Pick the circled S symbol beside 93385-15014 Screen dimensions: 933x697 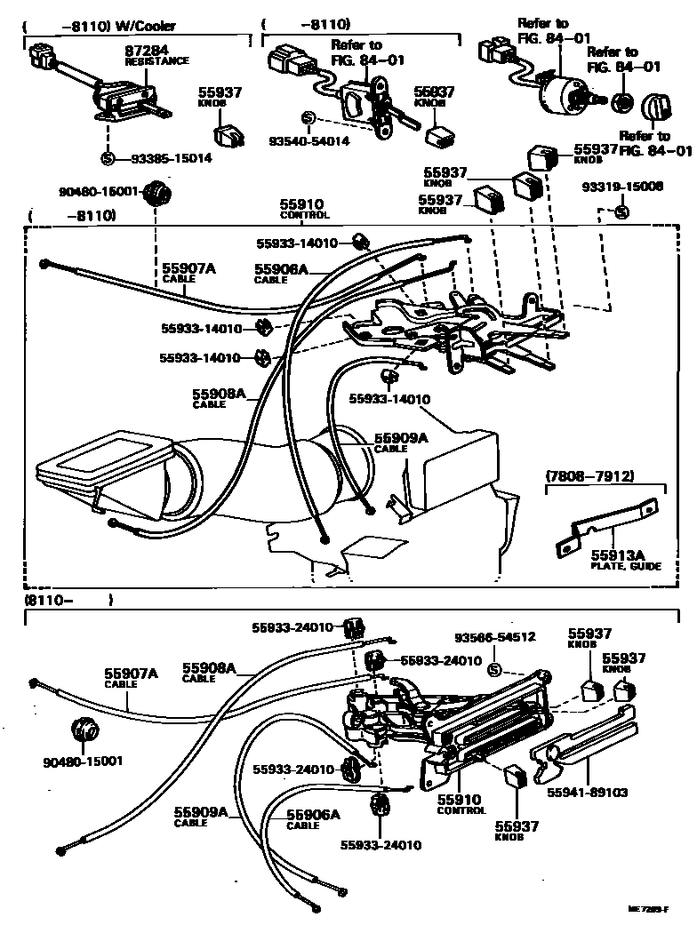(107, 159)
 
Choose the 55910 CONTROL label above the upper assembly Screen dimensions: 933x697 (305, 209)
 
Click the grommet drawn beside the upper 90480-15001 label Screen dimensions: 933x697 (157, 191)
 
